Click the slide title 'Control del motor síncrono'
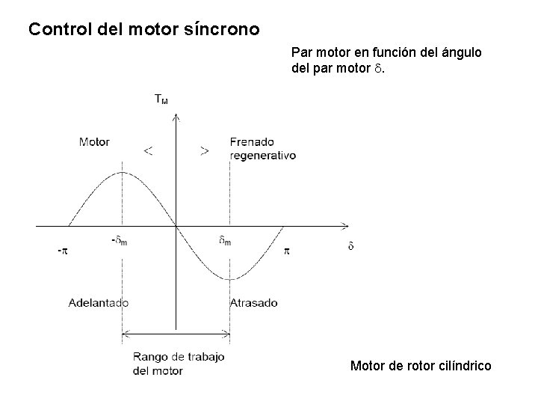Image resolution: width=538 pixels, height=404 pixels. (143, 31)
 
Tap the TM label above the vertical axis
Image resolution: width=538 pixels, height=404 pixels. (161, 98)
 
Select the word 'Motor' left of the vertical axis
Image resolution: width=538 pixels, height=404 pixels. (94, 141)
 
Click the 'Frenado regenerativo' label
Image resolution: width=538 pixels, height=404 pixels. (263, 148)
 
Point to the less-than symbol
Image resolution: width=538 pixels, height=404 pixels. (149, 151)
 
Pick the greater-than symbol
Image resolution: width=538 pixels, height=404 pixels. (204, 151)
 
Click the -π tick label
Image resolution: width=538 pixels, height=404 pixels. (63, 251)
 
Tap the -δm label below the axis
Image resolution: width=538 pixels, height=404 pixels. (119, 241)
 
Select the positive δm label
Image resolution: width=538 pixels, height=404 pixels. (225, 241)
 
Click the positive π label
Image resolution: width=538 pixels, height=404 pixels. (285, 251)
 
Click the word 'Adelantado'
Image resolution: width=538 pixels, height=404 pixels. (98, 303)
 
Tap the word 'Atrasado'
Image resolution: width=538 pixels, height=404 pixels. (253, 303)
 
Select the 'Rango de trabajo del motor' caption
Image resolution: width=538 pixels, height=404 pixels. (178, 364)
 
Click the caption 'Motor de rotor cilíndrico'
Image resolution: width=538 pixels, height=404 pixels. (421, 366)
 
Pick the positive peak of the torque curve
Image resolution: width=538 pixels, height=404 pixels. (122, 172)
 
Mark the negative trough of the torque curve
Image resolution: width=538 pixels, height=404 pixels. (229, 279)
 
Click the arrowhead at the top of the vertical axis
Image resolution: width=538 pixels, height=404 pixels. (175, 116)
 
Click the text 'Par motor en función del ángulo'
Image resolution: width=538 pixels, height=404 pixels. (386, 54)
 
